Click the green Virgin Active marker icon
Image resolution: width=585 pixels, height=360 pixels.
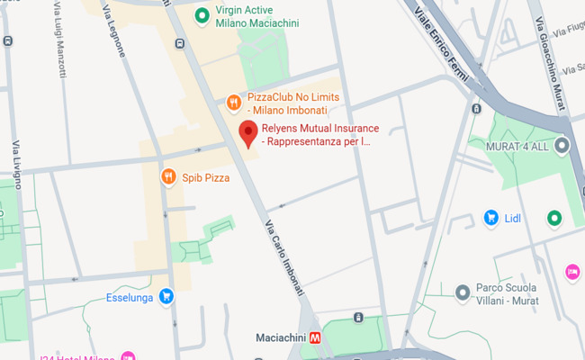pyautogui.click(x=203, y=16)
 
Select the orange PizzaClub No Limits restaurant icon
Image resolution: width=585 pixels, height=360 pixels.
pyautogui.click(x=232, y=103)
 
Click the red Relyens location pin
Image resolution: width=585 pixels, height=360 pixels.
pyautogui.click(x=248, y=136)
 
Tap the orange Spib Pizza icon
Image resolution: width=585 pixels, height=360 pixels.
pyautogui.click(x=167, y=177)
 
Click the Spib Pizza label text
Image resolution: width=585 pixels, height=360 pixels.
pyautogui.click(x=205, y=178)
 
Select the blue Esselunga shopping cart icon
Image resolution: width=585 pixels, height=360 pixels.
pyautogui.click(x=166, y=295)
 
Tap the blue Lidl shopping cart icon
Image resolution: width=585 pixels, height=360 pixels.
pyautogui.click(x=490, y=218)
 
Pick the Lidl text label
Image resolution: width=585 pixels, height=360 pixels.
pyautogui.click(x=514, y=218)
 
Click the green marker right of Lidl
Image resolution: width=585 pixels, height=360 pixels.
pyautogui.click(x=554, y=218)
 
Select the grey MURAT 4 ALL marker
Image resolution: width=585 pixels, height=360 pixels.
pyautogui.click(x=562, y=145)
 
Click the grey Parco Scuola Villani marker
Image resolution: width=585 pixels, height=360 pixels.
pyautogui.click(x=462, y=292)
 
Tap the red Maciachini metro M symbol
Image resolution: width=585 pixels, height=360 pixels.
pyautogui.click(x=315, y=339)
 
